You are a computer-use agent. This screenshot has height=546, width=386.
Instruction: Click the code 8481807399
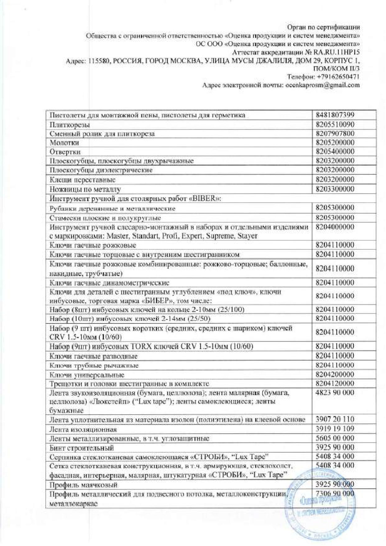pos(335,115)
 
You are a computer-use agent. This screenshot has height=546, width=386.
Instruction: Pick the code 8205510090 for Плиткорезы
pos(335,124)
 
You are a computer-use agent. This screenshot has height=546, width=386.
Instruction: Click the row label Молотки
pos(64,143)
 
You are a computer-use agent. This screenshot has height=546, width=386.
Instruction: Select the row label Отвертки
pos(65,152)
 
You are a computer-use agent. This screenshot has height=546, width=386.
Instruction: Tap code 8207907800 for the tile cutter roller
pos(335,134)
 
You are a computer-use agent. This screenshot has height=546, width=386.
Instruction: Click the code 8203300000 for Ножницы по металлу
pos(335,189)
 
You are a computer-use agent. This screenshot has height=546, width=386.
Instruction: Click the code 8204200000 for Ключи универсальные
pos(335,374)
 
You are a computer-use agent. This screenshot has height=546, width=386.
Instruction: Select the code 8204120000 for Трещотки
pos(335,383)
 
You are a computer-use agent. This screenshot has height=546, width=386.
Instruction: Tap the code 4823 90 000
pos(335,393)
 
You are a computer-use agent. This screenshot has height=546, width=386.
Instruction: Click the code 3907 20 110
pos(335,419)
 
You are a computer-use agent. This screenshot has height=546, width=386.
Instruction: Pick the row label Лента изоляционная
pos(83,429)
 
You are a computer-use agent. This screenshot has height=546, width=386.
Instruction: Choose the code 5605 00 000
pos(335,438)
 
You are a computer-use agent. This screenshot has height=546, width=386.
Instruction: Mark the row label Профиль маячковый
pos(83,485)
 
